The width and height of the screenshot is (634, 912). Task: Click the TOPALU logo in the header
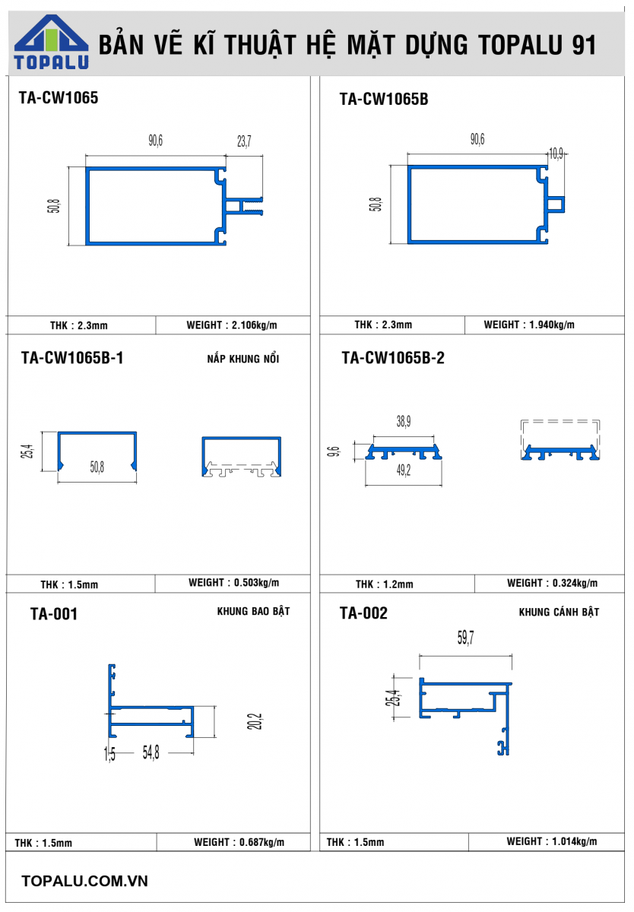tap(51, 42)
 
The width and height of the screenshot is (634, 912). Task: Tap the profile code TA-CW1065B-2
tap(393, 358)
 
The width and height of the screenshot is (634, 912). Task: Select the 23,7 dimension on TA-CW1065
tap(244, 141)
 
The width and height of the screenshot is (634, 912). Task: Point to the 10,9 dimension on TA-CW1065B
tap(556, 154)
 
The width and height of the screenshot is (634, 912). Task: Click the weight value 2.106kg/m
tap(254, 325)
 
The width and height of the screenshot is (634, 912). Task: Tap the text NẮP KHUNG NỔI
tap(243, 358)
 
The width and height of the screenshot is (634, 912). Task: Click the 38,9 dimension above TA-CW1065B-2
tap(404, 421)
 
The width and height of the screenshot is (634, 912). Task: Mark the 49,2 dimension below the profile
tap(404, 470)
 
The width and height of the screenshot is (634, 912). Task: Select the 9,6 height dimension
tap(333, 451)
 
